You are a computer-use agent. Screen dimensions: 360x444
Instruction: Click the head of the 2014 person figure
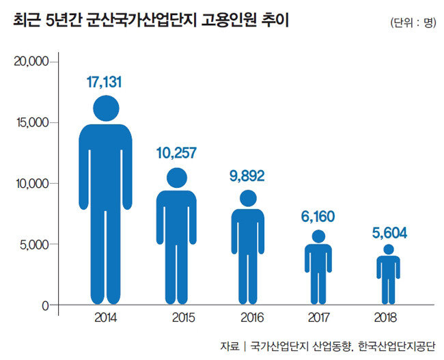point(106,108)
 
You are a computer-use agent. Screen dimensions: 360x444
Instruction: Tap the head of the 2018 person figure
point(388,250)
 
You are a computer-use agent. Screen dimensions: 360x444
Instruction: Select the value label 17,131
point(106,83)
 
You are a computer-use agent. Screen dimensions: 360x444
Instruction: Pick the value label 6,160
point(318,217)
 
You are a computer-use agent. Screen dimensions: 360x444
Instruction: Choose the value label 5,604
point(389,233)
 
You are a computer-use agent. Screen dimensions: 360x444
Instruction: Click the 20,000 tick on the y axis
point(30,62)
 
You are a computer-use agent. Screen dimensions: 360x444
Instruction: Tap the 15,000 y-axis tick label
point(30,123)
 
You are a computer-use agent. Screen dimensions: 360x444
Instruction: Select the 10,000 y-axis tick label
point(30,184)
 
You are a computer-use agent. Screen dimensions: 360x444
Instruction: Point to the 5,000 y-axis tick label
point(33,245)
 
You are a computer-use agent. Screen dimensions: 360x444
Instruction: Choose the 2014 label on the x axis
point(106,318)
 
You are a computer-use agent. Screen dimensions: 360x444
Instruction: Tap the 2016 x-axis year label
point(247,318)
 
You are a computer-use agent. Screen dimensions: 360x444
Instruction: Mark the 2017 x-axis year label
point(318,318)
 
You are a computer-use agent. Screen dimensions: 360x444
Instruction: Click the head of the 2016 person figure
point(248,198)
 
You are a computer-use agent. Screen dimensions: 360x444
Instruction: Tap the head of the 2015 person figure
point(177,178)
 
